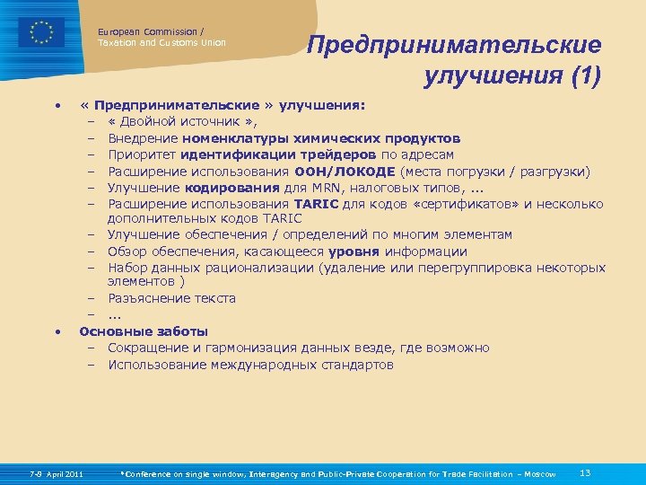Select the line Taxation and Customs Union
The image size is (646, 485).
point(161,43)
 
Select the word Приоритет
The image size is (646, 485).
point(141,154)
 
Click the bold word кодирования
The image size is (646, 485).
point(223,187)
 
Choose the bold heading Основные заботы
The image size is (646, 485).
point(144,331)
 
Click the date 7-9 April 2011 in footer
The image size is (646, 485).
point(56,473)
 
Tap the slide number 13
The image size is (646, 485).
point(585,472)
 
